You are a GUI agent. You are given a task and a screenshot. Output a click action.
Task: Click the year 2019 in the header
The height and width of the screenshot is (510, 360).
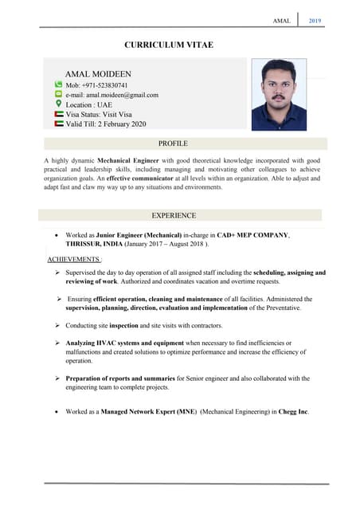(x=315, y=20)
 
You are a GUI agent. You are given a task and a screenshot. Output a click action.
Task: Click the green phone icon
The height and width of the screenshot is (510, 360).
(x=58, y=84)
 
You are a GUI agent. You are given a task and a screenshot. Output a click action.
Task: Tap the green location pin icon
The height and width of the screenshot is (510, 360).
(x=58, y=104)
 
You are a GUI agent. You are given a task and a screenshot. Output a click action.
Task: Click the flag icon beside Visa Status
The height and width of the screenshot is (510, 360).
(x=58, y=114)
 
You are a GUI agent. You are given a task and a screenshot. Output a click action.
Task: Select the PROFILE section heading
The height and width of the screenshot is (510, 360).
(x=173, y=143)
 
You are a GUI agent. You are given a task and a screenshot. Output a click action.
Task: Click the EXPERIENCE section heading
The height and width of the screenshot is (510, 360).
(x=173, y=215)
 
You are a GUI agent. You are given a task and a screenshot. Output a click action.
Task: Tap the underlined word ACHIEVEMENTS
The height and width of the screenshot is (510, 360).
(x=74, y=260)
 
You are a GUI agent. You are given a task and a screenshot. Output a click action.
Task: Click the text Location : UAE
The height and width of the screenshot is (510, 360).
(x=88, y=104)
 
